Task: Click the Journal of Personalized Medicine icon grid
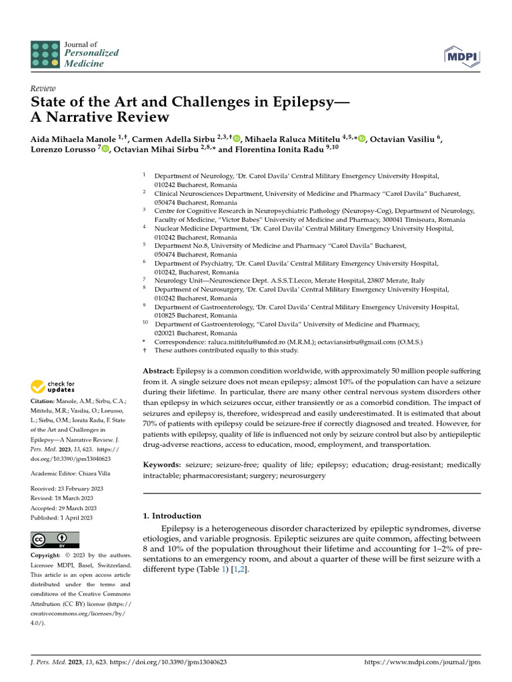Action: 45,54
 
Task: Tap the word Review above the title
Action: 43,89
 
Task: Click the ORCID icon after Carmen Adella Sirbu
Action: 237,139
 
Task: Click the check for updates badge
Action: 53,386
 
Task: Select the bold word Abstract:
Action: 159,370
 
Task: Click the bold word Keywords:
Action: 163,464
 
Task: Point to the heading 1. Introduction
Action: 173,515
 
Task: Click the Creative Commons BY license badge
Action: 55,539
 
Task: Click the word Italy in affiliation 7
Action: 417,281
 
